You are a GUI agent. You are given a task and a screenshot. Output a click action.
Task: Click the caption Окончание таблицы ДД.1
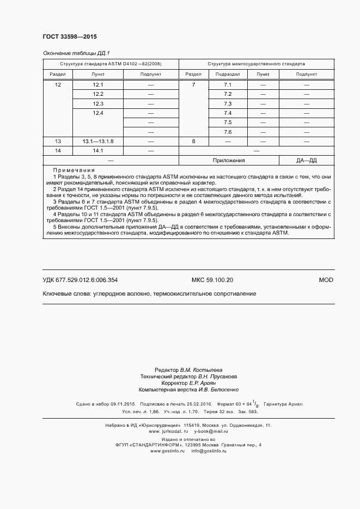pyautogui.click(x=76, y=53)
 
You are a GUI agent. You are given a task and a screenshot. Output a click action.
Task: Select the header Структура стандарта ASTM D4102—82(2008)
pyautogui.click(x=111, y=64)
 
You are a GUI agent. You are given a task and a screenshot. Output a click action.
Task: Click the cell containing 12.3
pyautogui.click(x=98, y=103)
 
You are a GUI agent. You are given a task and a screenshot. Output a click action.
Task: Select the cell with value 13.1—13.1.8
pyautogui.click(x=98, y=141)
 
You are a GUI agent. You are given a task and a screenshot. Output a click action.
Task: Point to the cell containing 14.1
pyautogui.click(x=98, y=150)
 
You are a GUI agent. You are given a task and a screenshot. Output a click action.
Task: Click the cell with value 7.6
pyautogui.click(x=228, y=132)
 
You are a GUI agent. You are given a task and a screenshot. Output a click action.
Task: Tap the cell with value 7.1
pyautogui.click(x=228, y=85)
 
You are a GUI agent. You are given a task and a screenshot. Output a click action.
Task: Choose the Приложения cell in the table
pyautogui.click(x=228, y=161)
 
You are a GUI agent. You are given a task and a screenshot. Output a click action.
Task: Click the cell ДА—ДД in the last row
pyautogui.click(x=306, y=161)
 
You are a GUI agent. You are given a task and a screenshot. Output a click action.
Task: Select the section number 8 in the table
pyautogui.click(x=193, y=141)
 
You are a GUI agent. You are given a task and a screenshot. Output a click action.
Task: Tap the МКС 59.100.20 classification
pyautogui.click(x=212, y=280)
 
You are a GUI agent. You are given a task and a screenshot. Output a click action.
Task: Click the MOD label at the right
pyautogui.click(x=326, y=280)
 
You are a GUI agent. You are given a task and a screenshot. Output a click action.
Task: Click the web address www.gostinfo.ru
pyautogui.click(x=168, y=451)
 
